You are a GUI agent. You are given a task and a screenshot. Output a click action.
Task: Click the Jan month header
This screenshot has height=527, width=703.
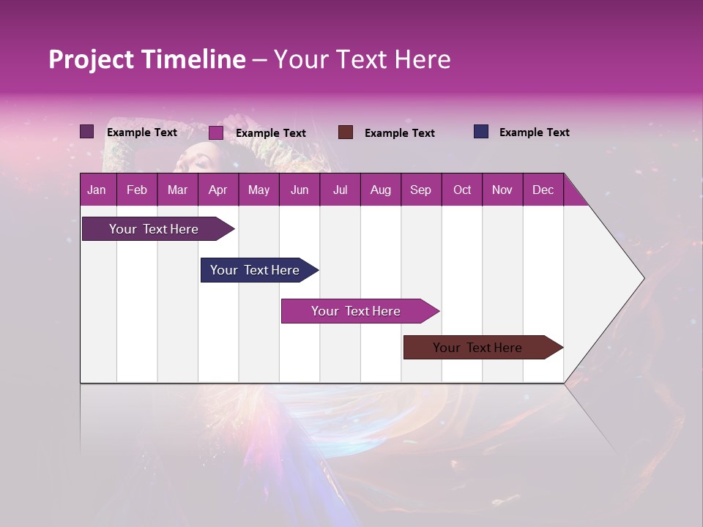pyautogui.click(x=97, y=190)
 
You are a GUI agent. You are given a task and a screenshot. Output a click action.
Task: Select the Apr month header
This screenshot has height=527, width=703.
pyautogui.click(x=217, y=190)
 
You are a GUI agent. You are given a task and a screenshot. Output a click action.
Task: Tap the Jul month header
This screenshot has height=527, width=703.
pyautogui.click(x=340, y=190)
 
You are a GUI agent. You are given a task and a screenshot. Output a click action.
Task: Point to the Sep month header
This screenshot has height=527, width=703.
pyautogui.click(x=420, y=190)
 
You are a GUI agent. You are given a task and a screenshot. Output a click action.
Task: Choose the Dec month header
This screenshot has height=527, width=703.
pyautogui.click(x=543, y=190)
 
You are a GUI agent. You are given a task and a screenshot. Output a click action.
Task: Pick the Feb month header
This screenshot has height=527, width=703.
pyautogui.click(x=137, y=190)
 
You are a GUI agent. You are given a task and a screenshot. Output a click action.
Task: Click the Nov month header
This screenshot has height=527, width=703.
pyautogui.click(x=502, y=190)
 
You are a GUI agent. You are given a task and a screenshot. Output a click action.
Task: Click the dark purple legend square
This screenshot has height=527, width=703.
pyautogui.click(x=87, y=132)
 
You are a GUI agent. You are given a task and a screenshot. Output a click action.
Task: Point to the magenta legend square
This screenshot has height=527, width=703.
pyautogui.click(x=216, y=132)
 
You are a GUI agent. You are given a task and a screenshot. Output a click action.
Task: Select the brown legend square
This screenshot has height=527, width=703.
pyautogui.click(x=346, y=132)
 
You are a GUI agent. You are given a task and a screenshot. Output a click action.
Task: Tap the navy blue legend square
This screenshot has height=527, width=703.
pyautogui.click(x=481, y=132)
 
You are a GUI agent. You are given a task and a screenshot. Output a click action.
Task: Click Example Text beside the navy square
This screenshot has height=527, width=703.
pyautogui.click(x=534, y=132)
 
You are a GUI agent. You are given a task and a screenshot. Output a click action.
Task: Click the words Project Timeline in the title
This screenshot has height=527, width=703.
pyautogui.click(x=147, y=59)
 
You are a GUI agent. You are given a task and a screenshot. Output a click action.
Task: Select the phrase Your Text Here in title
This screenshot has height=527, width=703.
pyautogui.click(x=362, y=59)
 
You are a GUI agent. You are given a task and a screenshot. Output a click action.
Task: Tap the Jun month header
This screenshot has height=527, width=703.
pyautogui.click(x=299, y=190)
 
